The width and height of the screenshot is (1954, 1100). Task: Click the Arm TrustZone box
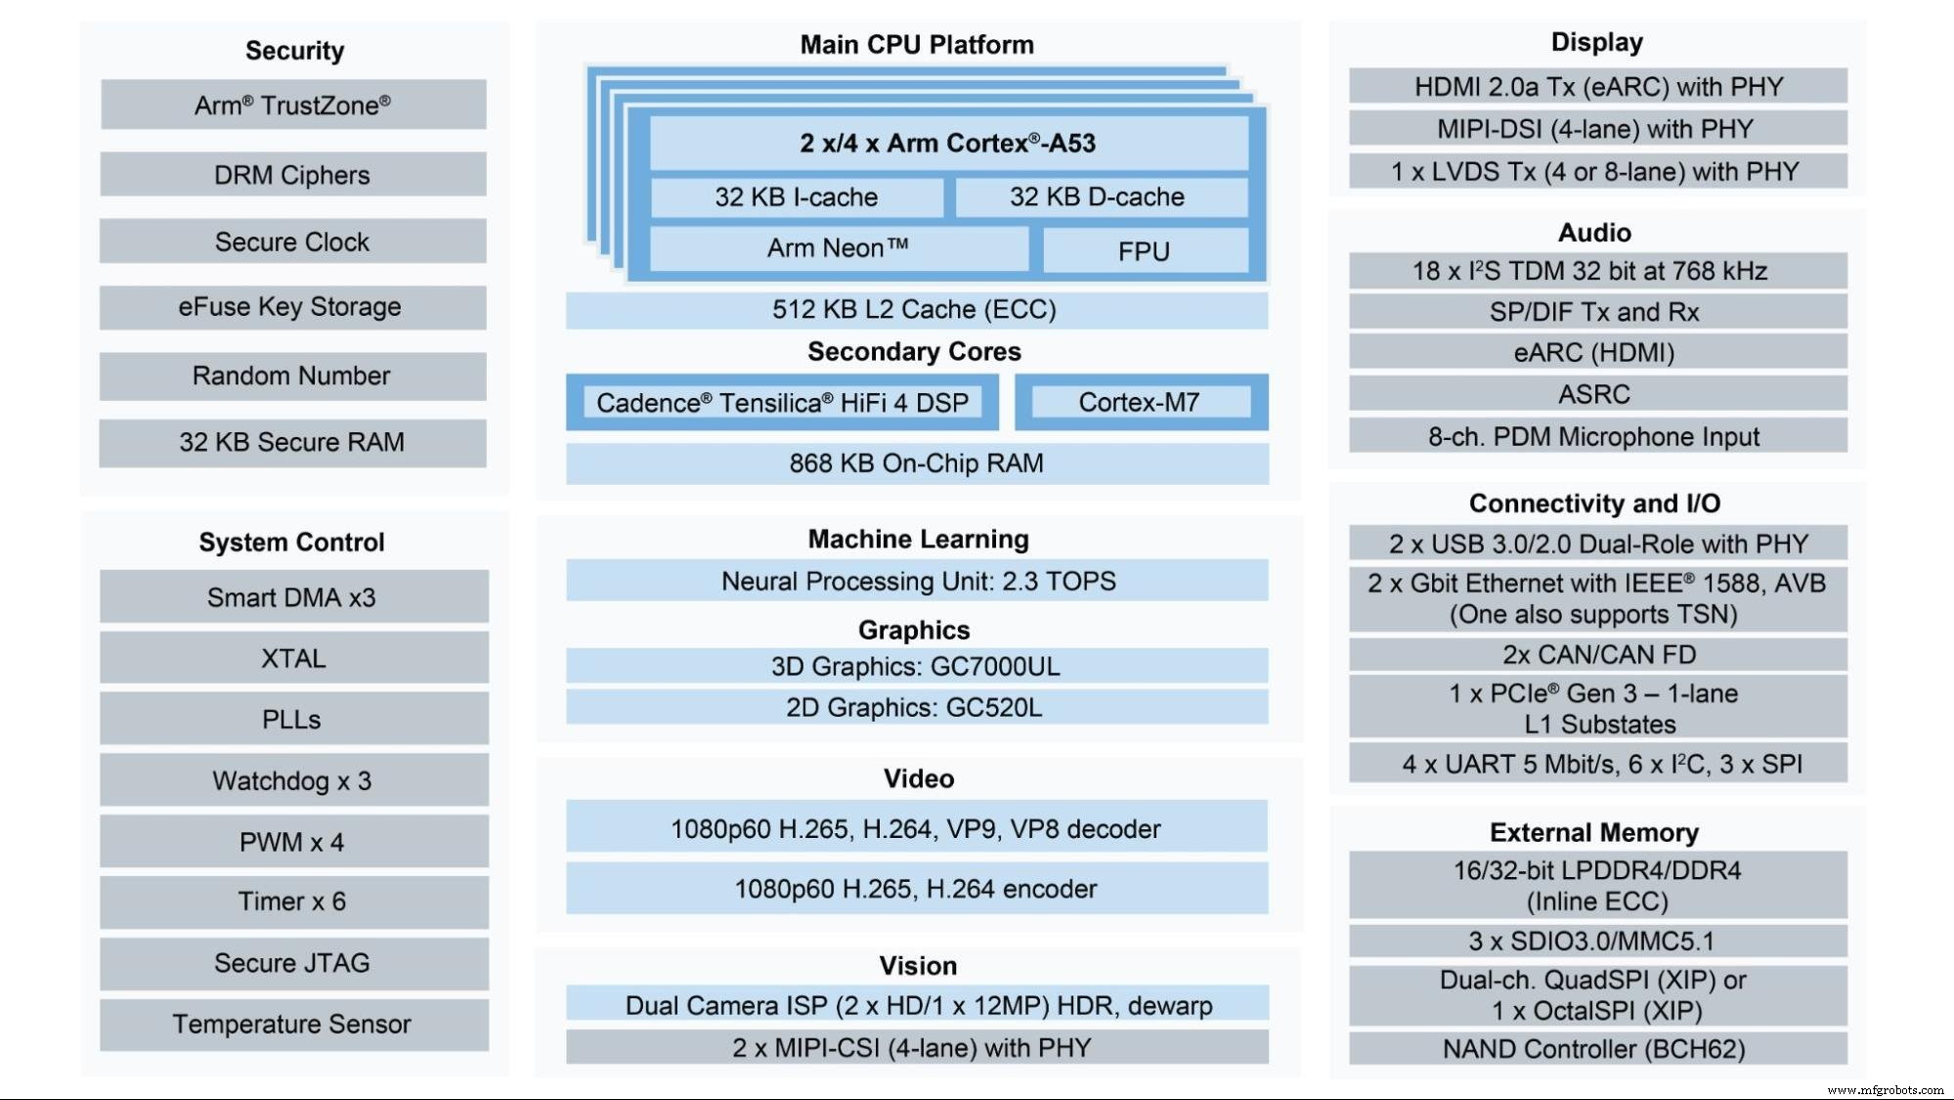292,105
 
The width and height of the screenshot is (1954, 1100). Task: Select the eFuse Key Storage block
292,307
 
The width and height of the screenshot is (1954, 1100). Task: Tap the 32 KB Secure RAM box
292,442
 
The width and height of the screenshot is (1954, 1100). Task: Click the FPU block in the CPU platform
1144,251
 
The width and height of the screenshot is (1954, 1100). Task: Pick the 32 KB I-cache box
796,198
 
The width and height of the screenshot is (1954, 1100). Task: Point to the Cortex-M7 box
1140,402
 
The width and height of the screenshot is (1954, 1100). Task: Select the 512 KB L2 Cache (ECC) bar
916,310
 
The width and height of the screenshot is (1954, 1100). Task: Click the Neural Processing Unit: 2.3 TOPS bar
916,581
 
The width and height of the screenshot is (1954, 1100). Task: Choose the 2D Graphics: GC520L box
916,707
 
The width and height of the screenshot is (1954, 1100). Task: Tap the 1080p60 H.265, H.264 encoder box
916,889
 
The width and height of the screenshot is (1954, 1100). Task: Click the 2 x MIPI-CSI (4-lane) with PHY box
916,1047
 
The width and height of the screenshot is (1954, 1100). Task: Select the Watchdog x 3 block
292,780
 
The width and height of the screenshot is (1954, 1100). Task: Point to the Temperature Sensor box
292,1024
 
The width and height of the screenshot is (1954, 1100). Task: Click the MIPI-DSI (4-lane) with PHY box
1596,129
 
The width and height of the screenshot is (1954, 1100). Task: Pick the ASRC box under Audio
1596,394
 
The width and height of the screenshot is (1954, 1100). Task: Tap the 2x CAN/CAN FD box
1596,654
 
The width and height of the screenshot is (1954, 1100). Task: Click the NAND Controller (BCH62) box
1596,1049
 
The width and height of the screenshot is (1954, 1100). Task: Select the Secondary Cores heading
914,352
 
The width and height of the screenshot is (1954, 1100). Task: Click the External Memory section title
1594,832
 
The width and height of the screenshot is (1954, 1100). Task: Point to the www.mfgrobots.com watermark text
1885,1090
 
